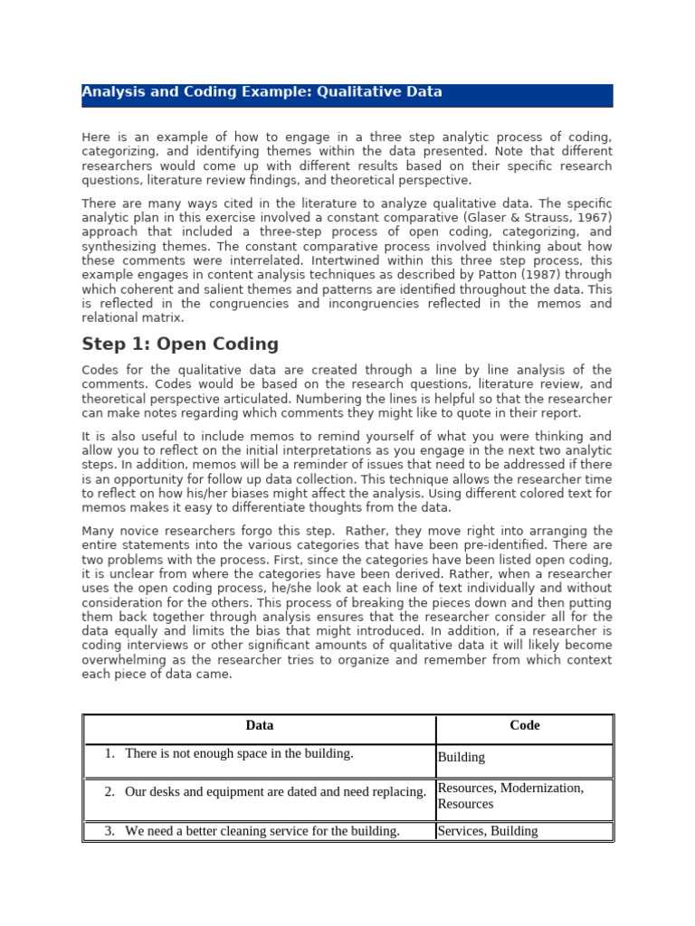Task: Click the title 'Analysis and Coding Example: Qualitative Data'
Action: click(262, 92)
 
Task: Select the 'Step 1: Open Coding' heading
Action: click(180, 345)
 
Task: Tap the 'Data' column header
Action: click(260, 725)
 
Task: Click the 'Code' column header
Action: click(525, 725)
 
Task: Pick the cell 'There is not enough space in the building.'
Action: click(239, 753)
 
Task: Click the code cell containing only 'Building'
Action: click(462, 758)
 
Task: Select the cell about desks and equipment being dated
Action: click(275, 792)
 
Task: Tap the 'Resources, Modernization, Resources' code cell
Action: click(510, 796)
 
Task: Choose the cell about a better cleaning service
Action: click(262, 831)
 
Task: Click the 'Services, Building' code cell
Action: click(487, 831)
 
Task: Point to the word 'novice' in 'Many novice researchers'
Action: click(138, 531)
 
